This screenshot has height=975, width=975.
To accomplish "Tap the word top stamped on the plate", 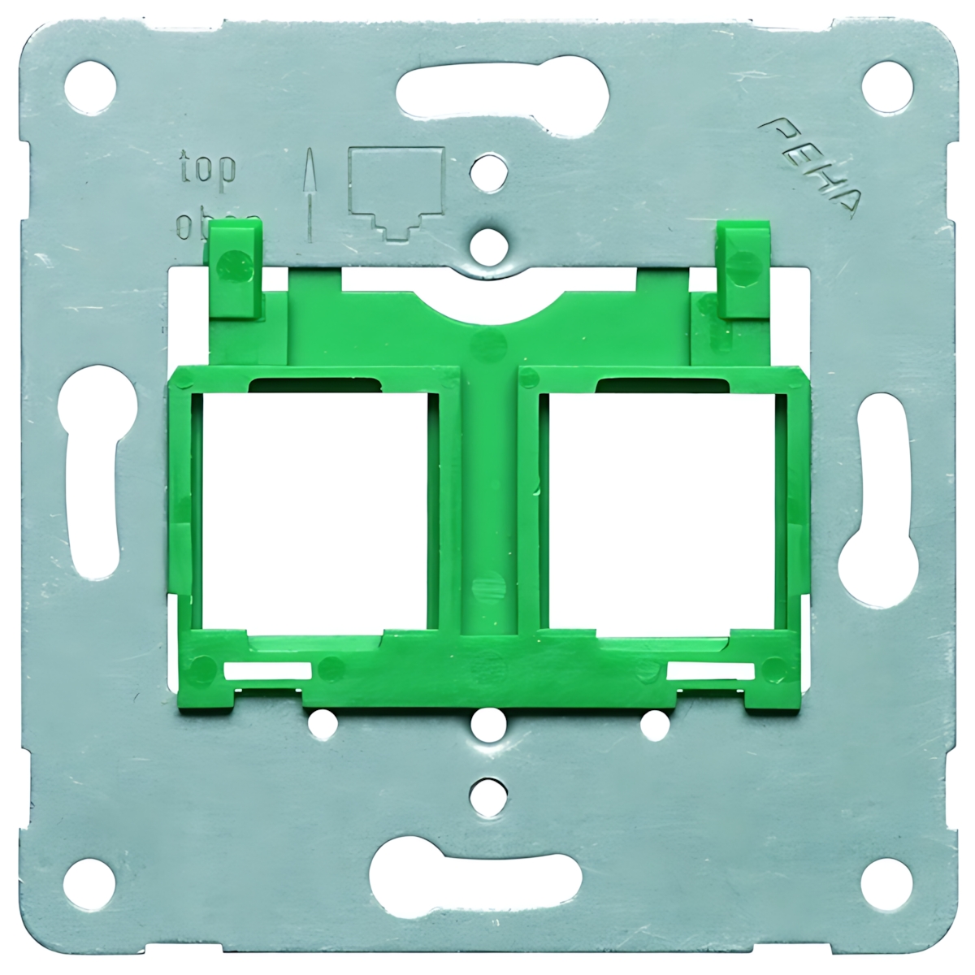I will [207, 166].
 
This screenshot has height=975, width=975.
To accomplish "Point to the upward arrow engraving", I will [309, 195].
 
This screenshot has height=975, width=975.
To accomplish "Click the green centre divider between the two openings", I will [487, 504].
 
